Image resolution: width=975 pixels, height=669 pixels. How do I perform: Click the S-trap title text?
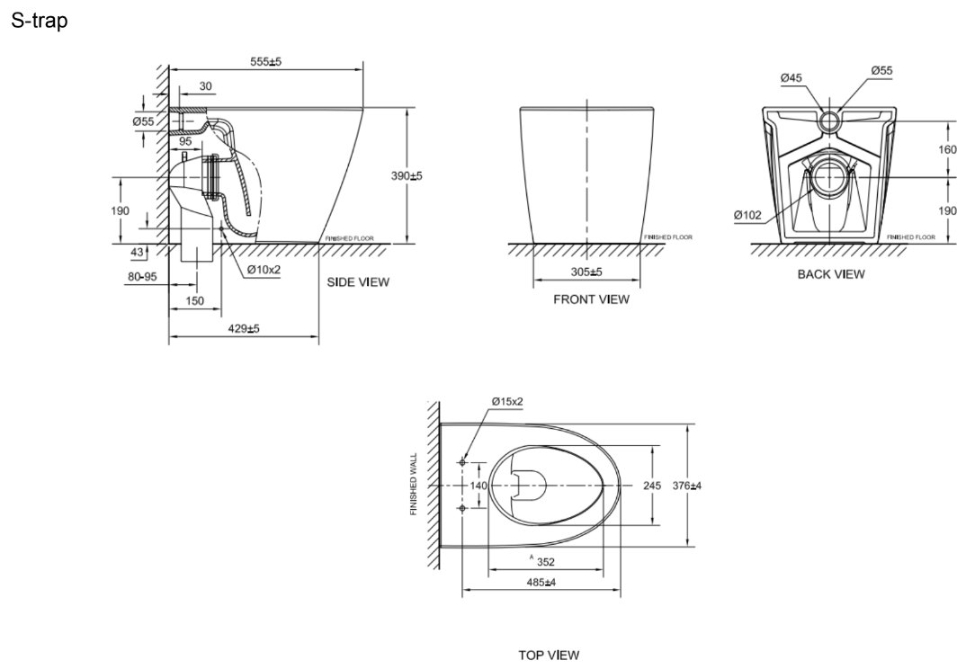[39, 22]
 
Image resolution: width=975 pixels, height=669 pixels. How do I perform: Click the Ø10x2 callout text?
[264, 270]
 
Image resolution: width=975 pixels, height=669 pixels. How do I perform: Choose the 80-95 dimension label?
[142, 277]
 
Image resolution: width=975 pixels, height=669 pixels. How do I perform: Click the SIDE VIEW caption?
[358, 282]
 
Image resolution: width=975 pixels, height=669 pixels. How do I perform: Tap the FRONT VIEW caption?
[591, 299]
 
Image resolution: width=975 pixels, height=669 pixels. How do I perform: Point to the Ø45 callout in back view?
[792, 78]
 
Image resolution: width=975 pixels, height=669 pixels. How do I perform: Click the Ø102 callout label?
[747, 215]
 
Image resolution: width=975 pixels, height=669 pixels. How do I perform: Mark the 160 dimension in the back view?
[948, 149]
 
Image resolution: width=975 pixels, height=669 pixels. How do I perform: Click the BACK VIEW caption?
[831, 274]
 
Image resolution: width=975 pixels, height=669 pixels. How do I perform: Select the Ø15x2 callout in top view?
[507, 402]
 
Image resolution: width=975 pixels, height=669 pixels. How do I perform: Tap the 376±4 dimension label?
[687, 486]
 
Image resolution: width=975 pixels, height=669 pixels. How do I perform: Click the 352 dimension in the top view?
[545, 562]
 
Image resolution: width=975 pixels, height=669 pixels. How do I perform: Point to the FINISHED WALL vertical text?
[414, 485]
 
